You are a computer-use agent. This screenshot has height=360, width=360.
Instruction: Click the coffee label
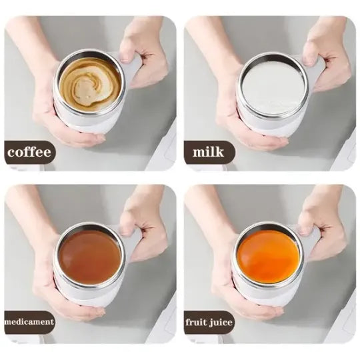[x=29, y=152]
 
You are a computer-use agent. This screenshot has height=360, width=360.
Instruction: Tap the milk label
[x=208, y=152]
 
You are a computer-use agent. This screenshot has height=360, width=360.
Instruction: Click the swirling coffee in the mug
[x=89, y=84]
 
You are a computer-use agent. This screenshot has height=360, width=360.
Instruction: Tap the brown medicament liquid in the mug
[x=89, y=256]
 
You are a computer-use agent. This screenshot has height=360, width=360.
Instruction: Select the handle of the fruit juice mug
[x=311, y=239]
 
